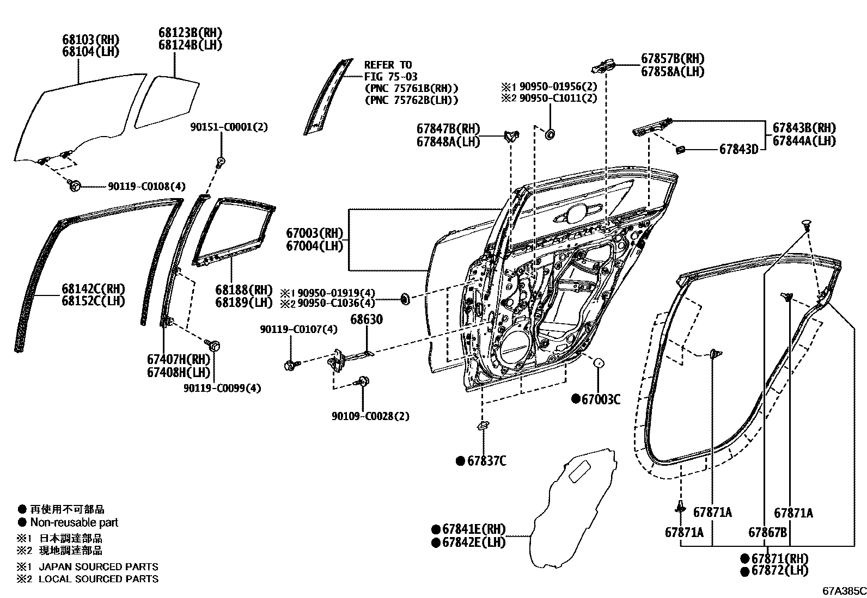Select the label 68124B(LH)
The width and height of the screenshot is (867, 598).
[x=190, y=45]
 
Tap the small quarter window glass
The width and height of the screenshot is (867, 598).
[x=167, y=101]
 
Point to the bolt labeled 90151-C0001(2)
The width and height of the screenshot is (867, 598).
[x=221, y=161]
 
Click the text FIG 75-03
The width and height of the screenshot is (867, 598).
[x=390, y=77]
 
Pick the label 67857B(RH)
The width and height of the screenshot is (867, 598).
[x=672, y=59]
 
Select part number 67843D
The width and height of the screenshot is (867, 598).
[x=738, y=149]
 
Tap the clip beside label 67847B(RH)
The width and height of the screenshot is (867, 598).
[x=510, y=135]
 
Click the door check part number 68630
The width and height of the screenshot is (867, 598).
[x=366, y=319]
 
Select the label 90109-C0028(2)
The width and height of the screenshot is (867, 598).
[x=370, y=416]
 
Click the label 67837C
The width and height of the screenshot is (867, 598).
[x=486, y=461]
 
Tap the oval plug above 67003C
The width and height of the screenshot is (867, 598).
[x=597, y=363]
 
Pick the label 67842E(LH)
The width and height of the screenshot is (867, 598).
[x=473, y=542]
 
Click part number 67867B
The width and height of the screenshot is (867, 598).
[x=767, y=532]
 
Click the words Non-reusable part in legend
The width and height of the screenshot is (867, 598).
[x=74, y=522]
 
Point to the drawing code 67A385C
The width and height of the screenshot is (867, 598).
[x=844, y=590]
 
